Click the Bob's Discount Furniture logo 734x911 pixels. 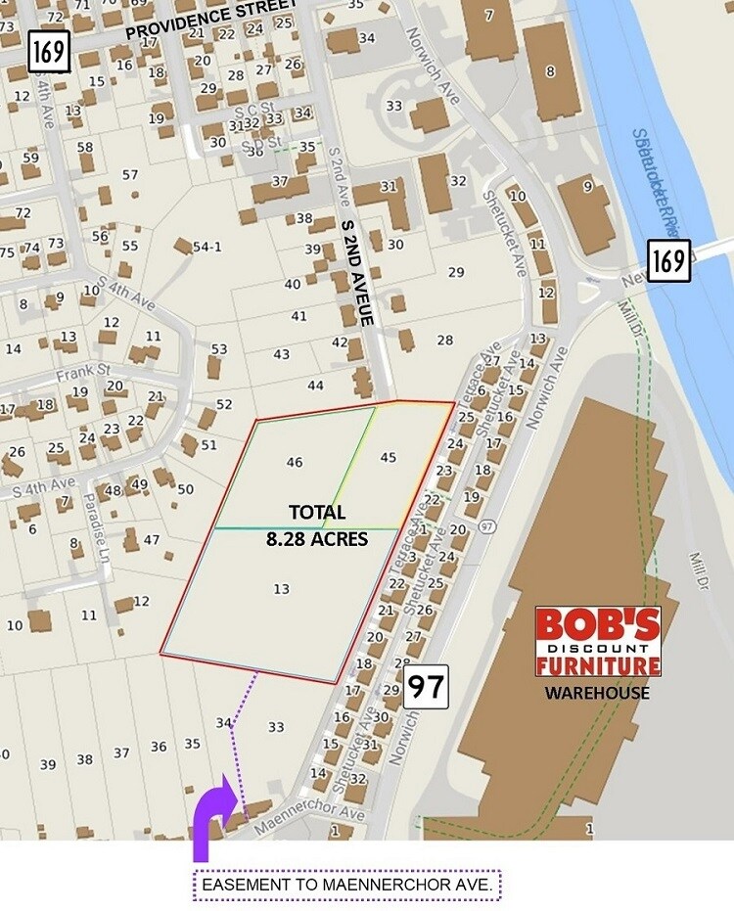tap(598, 641)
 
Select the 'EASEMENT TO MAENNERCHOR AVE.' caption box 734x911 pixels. tap(347, 887)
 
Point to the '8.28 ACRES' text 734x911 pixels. tap(317, 538)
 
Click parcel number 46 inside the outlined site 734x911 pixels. tap(295, 462)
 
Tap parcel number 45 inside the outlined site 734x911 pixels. tap(389, 457)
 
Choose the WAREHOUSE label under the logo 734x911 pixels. tap(597, 693)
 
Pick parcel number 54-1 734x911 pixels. tap(206, 247)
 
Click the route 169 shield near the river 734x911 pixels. tap(669, 261)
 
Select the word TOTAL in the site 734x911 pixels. tap(316, 513)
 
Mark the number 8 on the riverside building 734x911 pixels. tap(550, 70)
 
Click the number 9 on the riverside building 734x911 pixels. tap(587, 187)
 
